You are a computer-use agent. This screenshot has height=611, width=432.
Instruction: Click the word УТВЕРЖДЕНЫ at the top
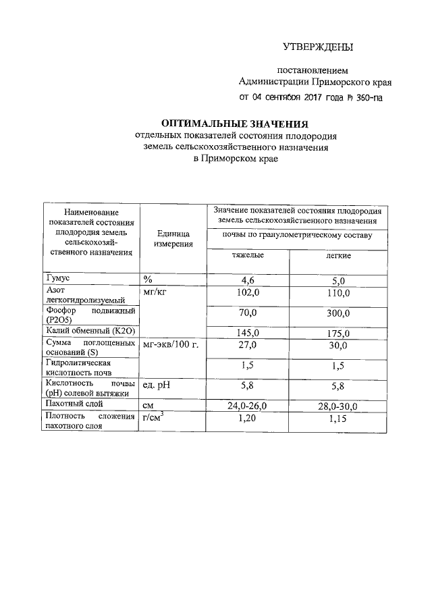317,47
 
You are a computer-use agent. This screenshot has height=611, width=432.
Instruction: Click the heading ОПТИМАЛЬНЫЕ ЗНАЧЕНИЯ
234,124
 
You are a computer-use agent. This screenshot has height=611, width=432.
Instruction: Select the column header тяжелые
248,257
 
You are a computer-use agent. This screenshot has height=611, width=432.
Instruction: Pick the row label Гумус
58,278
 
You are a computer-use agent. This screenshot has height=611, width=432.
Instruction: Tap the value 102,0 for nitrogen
248,293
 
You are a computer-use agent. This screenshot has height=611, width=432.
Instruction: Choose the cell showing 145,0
248,333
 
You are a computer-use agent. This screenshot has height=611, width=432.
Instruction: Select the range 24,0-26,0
248,406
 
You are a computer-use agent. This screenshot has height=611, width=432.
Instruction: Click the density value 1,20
248,419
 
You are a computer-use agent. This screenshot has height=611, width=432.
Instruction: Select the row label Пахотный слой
74,404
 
